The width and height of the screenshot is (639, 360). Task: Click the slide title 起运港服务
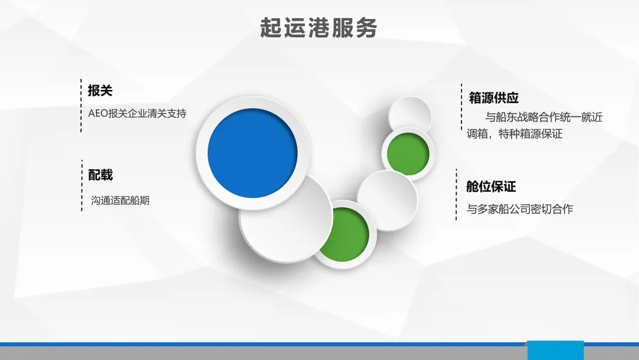[x=318, y=28]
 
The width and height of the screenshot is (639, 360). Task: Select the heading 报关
[x=100, y=91]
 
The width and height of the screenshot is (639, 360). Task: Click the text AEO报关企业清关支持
[x=137, y=113]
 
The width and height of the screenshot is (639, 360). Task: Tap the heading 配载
[x=100, y=175]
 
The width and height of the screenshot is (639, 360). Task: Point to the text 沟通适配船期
[x=120, y=201]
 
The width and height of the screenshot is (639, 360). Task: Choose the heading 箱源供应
[x=493, y=98]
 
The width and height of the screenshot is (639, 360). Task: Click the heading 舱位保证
[x=491, y=187]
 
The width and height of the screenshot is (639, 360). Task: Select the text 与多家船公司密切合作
[x=519, y=209]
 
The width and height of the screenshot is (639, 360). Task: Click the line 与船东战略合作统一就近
[x=544, y=117]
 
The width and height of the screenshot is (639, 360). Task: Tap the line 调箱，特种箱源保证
[x=515, y=134]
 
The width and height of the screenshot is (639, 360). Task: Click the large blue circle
[x=253, y=153]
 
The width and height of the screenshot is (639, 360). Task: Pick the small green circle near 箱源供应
[x=408, y=154]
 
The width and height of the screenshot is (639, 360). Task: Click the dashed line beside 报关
[x=81, y=105]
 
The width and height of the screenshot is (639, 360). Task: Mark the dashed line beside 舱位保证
[x=456, y=194]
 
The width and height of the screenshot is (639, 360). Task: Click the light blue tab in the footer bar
[x=556, y=350]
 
